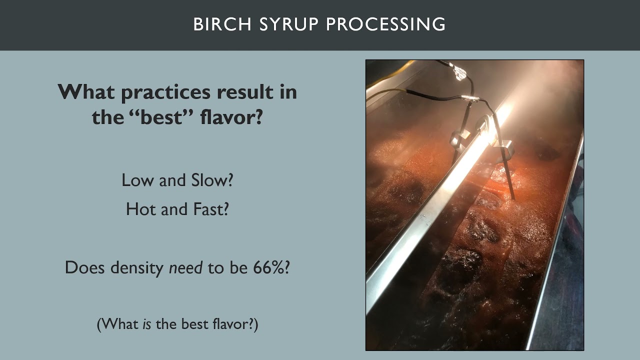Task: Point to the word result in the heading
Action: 246,92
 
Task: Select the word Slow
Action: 212,180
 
